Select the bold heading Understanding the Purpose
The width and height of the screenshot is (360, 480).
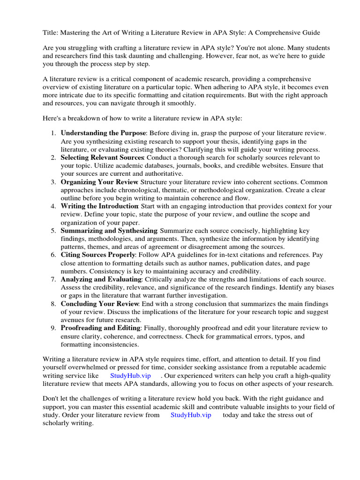104,133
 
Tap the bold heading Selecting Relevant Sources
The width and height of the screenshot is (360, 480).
102,157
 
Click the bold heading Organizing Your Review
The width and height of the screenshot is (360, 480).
99,182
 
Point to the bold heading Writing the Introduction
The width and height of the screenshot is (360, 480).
99,206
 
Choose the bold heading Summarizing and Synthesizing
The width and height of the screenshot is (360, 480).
109,231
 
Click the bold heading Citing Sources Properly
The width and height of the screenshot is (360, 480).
98,255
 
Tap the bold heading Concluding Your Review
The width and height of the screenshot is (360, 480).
99,304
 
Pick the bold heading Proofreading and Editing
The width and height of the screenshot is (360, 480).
100,328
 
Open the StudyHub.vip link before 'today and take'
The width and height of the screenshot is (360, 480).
191,415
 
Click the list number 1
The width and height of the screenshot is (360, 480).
53,133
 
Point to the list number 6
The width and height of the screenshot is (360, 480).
53,255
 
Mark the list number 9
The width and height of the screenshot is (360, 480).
53,328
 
